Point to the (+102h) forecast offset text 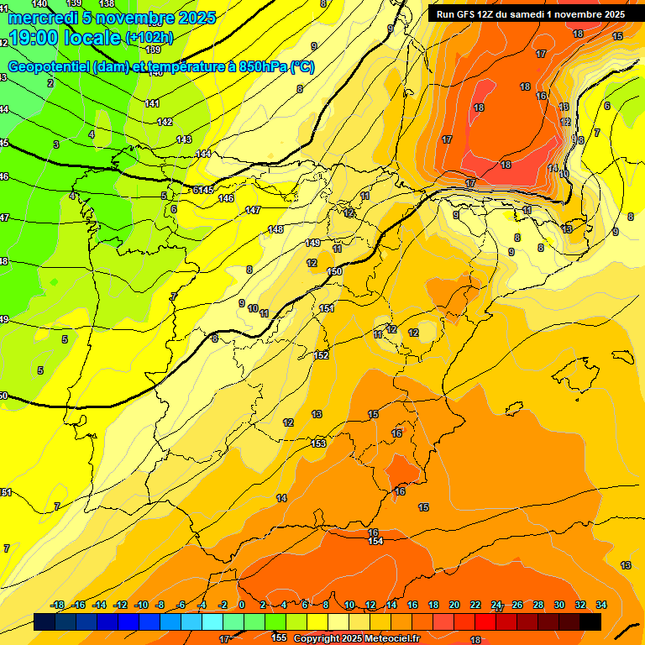coord(149,38)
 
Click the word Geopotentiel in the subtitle coord(50,67)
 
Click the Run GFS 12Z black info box coord(530,13)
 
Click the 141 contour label coord(152,103)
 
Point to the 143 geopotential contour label coord(184,139)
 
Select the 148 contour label coord(275,229)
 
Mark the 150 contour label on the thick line coord(334,271)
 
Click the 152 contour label coord(321,355)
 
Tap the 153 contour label coord(318,443)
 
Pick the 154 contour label coord(376,541)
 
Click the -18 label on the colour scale coord(58,605)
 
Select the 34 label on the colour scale coord(601,605)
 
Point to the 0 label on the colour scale coord(241,605)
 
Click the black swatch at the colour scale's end coord(590,621)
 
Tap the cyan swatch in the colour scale coord(212,621)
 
